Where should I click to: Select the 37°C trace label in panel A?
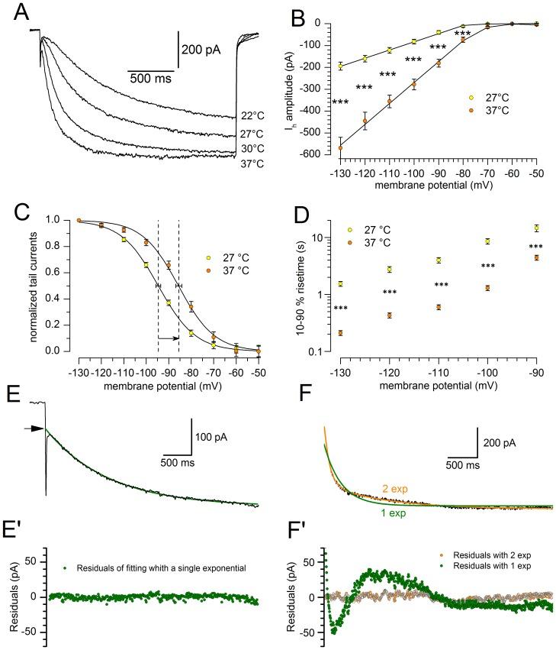(252, 160)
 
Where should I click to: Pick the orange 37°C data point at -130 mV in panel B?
(340, 147)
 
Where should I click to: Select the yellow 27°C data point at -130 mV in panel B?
(340, 66)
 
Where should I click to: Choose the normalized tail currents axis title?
(31, 286)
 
